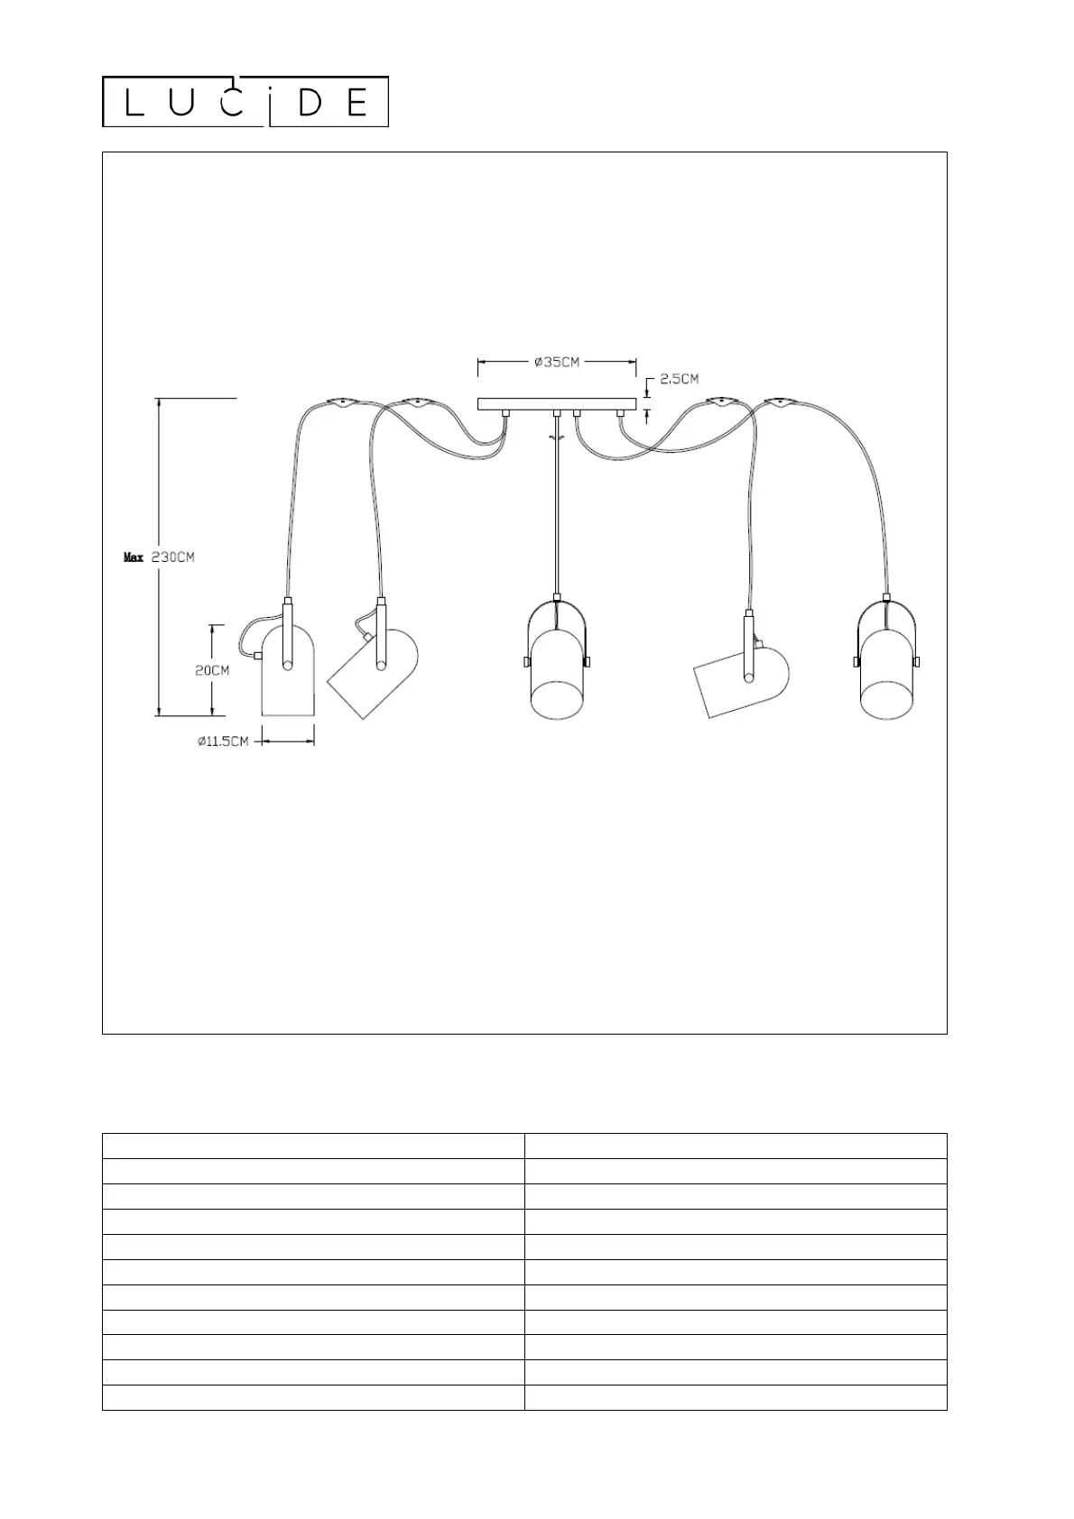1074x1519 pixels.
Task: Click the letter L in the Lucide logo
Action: point(133,104)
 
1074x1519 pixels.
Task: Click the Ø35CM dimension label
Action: point(557,362)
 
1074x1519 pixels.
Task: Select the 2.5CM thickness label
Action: point(679,379)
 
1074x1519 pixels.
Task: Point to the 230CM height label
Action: point(172,557)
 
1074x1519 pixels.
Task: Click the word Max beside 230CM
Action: point(134,557)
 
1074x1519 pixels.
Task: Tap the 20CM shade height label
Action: point(212,670)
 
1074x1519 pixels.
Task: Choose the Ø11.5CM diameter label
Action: point(223,741)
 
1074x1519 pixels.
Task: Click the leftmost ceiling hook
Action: point(340,402)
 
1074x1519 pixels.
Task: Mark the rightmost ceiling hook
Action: point(778,401)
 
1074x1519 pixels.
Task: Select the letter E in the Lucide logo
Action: point(356,104)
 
